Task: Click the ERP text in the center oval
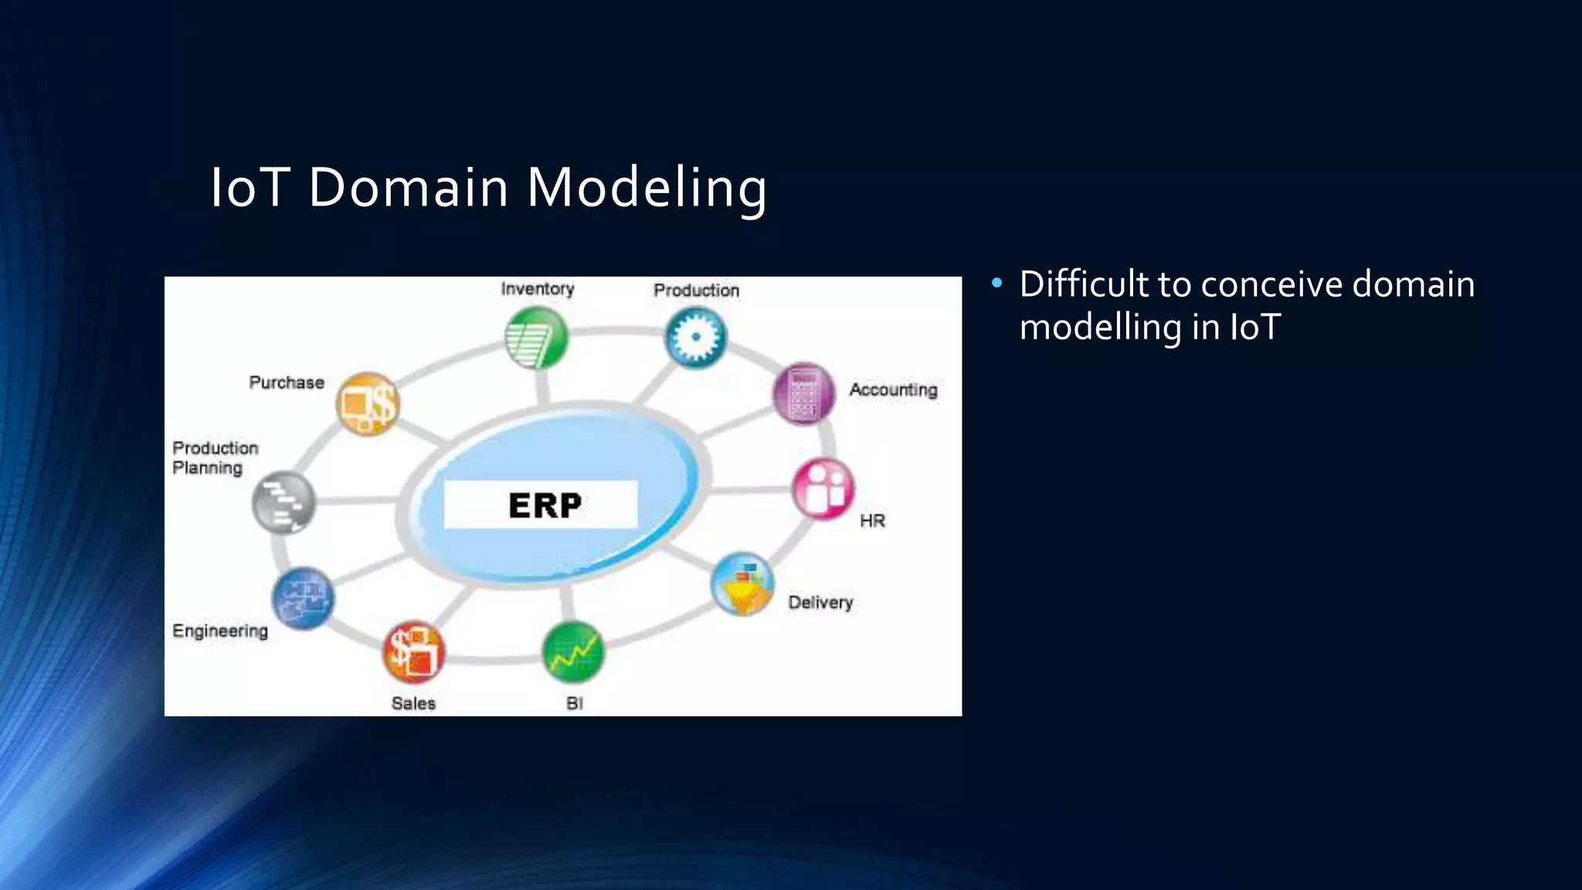click(x=545, y=505)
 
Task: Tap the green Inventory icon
click(x=536, y=338)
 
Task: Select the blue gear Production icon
click(x=695, y=338)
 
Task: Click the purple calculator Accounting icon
click(x=804, y=393)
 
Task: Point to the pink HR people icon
click(x=823, y=489)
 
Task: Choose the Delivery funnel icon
click(x=742, y=584)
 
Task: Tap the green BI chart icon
click(x=572, y=653)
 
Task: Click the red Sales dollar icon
click(x=414, y=652)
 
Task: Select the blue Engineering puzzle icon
click(x=303, y=599)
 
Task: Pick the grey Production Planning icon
click(x=283, y=502)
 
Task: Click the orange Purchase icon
click(x=368, y=403)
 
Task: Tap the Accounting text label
click(x=893, y=390)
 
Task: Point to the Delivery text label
click(x=820, y=603)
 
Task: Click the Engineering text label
click(x=220, y=631)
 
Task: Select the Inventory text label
click(x=537, y=289)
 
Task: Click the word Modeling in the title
click(x=647, y=188)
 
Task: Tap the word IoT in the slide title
click(x=250, y=188)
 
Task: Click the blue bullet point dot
click(x=996, y=284)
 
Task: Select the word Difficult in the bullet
click(x=1084, y=284)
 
